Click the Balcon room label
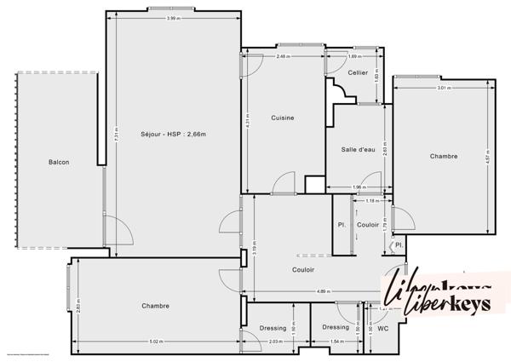[59, 162]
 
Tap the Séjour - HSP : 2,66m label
[173, 134]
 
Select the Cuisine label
[282, 118]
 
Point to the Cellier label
[358, 72]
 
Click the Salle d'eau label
[358, 149]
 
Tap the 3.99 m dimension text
[173, 18]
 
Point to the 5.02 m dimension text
[155, 342]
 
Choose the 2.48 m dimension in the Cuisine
[283, 56]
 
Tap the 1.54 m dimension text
[336, 342]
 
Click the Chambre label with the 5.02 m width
[155, 306]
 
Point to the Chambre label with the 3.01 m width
[443, 156]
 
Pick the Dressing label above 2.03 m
[273, 327]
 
